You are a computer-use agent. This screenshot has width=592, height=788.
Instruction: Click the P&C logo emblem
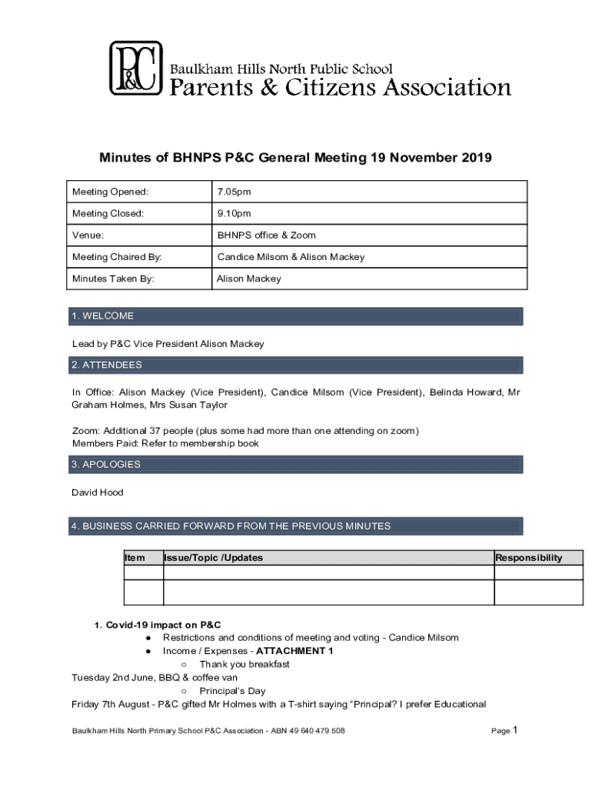click(x=135, y=68)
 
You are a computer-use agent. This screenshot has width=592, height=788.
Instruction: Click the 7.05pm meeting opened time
click(x=233, y=192)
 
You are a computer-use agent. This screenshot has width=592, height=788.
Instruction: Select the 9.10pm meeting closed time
click(x=233, y=213)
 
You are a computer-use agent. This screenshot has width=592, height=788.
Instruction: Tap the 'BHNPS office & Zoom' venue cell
click(x=266, y=235)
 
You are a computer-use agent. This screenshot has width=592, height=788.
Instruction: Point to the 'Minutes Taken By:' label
click(x=113, y=279)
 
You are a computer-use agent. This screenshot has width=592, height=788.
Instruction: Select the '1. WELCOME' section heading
click(x=102, y=316)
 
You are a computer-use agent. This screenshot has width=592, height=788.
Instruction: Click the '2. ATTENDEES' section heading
click(x=106, y=365)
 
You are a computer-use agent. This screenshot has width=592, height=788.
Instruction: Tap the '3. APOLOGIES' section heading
click(x=106, y=465)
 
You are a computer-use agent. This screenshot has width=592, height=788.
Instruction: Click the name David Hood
click(x=97, y=492)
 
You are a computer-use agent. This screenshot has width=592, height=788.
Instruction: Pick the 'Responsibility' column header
click(x=528, y=558)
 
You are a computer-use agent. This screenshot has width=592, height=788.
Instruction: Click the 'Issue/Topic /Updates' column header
click(x=214, y=558)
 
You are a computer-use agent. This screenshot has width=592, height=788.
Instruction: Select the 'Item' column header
click(x=134, y=558)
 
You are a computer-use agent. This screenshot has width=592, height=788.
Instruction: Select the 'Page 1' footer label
click(x=506, y=730)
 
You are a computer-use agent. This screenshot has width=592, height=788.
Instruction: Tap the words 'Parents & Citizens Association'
click(x=340, y=88)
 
